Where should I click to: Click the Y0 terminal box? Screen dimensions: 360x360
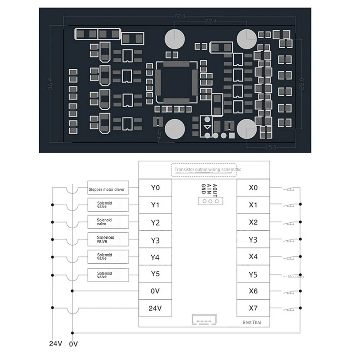pos(155,188)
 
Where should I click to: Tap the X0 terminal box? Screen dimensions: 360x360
pos(253,188)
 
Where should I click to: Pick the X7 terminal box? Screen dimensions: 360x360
pos(253,308)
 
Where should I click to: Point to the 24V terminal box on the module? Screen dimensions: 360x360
pos(155,308)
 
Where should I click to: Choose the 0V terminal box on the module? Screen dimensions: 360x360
pos(155,291)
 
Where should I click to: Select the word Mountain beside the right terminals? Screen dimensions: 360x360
pos(295,276)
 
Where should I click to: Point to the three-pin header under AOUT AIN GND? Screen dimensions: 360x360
pos(210,200)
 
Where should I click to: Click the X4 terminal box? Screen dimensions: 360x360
pos(253,257)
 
